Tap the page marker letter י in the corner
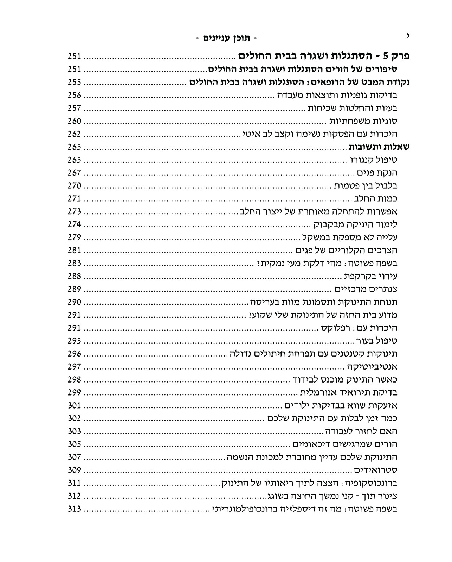click(408, 35)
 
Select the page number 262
click(74, 134)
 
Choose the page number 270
click(74, 186)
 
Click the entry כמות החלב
click(375, 199)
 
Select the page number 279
click(74, 237)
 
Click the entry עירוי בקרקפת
click(371, 276)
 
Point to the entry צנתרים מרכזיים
click(366, 289)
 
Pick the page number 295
click(74, 341)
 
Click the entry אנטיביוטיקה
click(370, 367)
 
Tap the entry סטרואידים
click(375, 470)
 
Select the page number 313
click(74, 509)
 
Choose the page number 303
click(74, 431)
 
